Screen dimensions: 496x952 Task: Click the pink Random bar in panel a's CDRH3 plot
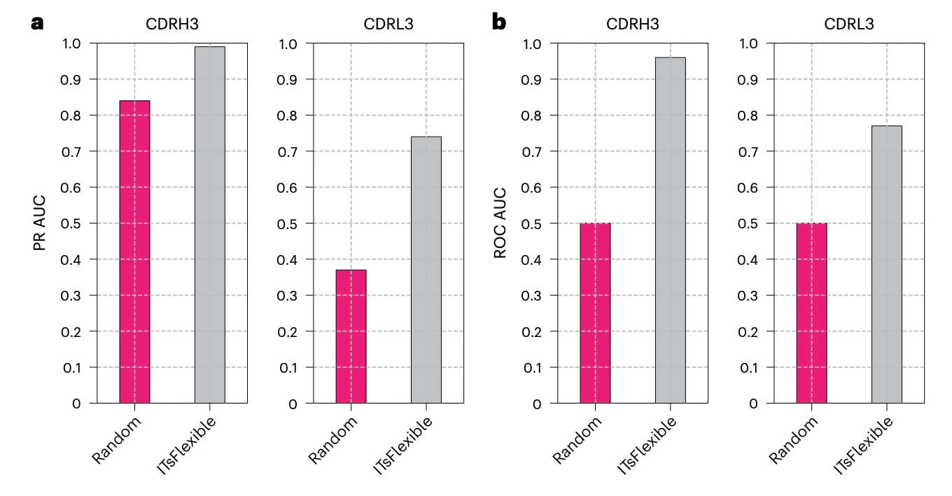point(134,252)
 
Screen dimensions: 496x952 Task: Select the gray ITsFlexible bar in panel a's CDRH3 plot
point(210,225)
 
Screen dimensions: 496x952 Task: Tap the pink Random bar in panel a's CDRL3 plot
point(351,336)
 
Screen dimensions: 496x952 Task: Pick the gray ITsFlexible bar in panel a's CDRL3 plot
point(426,270)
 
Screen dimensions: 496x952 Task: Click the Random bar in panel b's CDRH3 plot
point(595,313)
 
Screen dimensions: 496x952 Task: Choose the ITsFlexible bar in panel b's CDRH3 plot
point(671,230)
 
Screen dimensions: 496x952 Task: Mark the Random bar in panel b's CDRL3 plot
point(812,313)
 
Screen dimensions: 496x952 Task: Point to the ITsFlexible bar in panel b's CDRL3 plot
point(887,264)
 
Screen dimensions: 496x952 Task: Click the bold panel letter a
point(38,22)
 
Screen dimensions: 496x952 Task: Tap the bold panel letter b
point(499,22)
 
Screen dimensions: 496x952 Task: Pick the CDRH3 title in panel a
point(172,24)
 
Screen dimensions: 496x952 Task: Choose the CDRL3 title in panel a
point(388,24)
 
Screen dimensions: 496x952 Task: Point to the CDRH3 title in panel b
point(633,24)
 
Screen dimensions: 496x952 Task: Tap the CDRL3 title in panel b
point(849,24)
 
